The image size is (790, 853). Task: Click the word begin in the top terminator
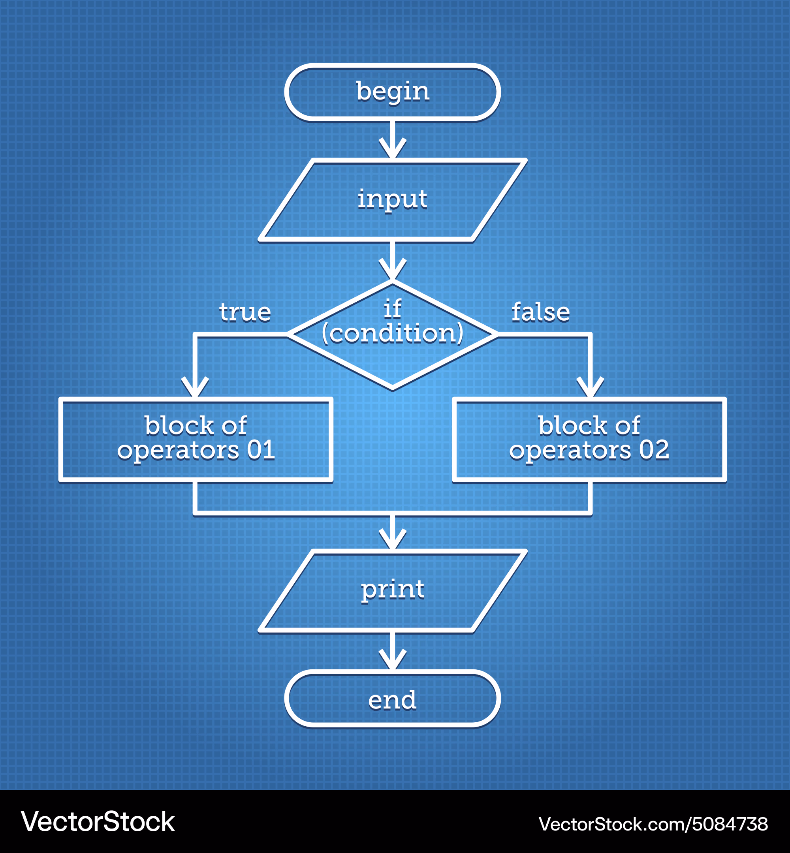click(x=393, y=92)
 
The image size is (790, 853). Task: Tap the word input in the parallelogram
click(x=393, y=199)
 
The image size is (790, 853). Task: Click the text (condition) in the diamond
click(x=393, y=333)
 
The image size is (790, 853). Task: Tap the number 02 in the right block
click(x=654, y=450)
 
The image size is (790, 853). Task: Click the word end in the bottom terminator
click(x=393, y=701)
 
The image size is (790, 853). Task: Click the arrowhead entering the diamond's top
click(x=393, y=269)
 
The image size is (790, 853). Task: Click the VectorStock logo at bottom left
click(x=98, y=821)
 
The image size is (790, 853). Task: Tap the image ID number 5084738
click(x=730, y=824)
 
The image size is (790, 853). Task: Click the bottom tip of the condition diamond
click(x=393, y=389)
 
